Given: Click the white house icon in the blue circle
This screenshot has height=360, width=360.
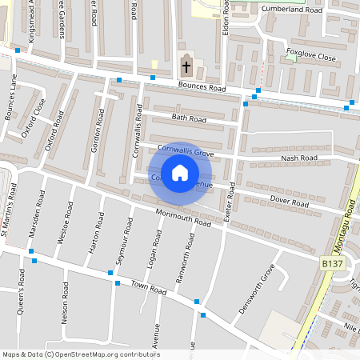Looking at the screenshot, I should pos(180,173).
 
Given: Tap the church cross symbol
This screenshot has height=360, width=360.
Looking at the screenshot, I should pos(186,66).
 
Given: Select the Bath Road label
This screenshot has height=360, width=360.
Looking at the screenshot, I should pos(189,119).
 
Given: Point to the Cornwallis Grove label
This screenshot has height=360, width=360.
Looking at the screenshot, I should pos(186,150).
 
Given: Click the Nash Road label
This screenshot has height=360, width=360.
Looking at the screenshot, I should pos(299,158).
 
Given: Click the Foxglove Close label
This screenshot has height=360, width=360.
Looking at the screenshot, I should pos(310,57).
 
